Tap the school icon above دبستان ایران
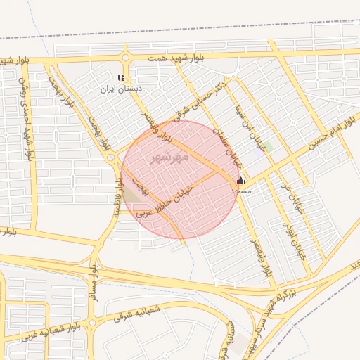[122, 77]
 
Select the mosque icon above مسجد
[241, 180]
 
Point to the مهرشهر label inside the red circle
[170, 157]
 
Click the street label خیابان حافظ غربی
[166, 200]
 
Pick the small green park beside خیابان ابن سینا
[267, 146]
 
